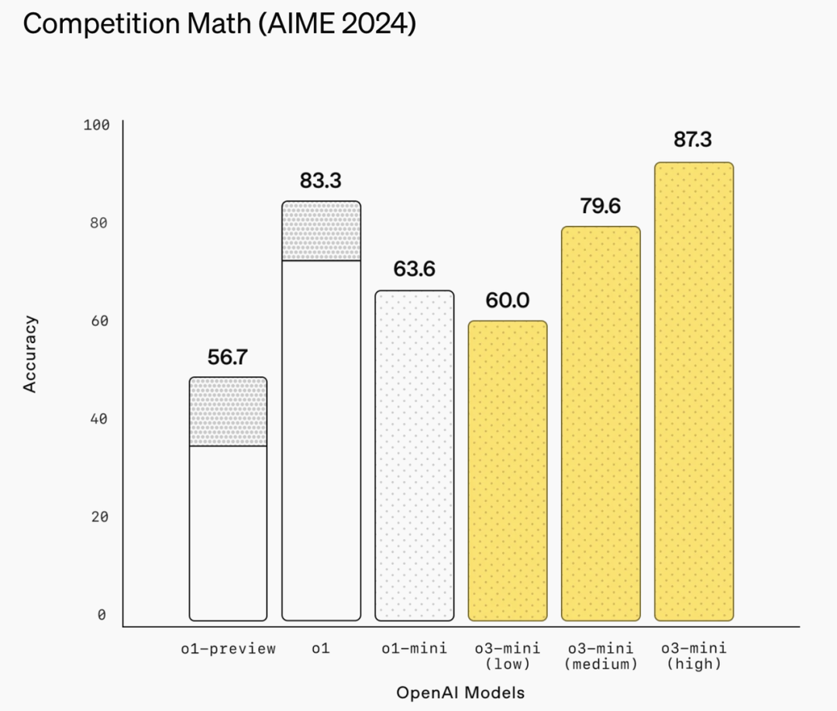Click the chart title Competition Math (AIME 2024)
[219, 23]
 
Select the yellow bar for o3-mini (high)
[694, 391]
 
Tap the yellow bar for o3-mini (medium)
[601, 423]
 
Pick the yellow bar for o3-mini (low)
[508, 470]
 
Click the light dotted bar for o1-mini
[415, 455]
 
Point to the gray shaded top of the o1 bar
[322, 231]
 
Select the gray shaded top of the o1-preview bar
[229, 411]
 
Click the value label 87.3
[694, 140]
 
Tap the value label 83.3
[321, 181]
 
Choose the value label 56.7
[228, 357]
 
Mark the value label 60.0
[507, 301]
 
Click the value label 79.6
[601, 207]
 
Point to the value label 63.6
[414, 270]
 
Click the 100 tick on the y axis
[97, 125]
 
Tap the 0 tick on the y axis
[102, 615]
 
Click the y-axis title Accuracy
[30, 353]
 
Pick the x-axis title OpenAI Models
[460, 692]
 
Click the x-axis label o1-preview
[228, 649]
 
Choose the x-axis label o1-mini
[414, 649]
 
